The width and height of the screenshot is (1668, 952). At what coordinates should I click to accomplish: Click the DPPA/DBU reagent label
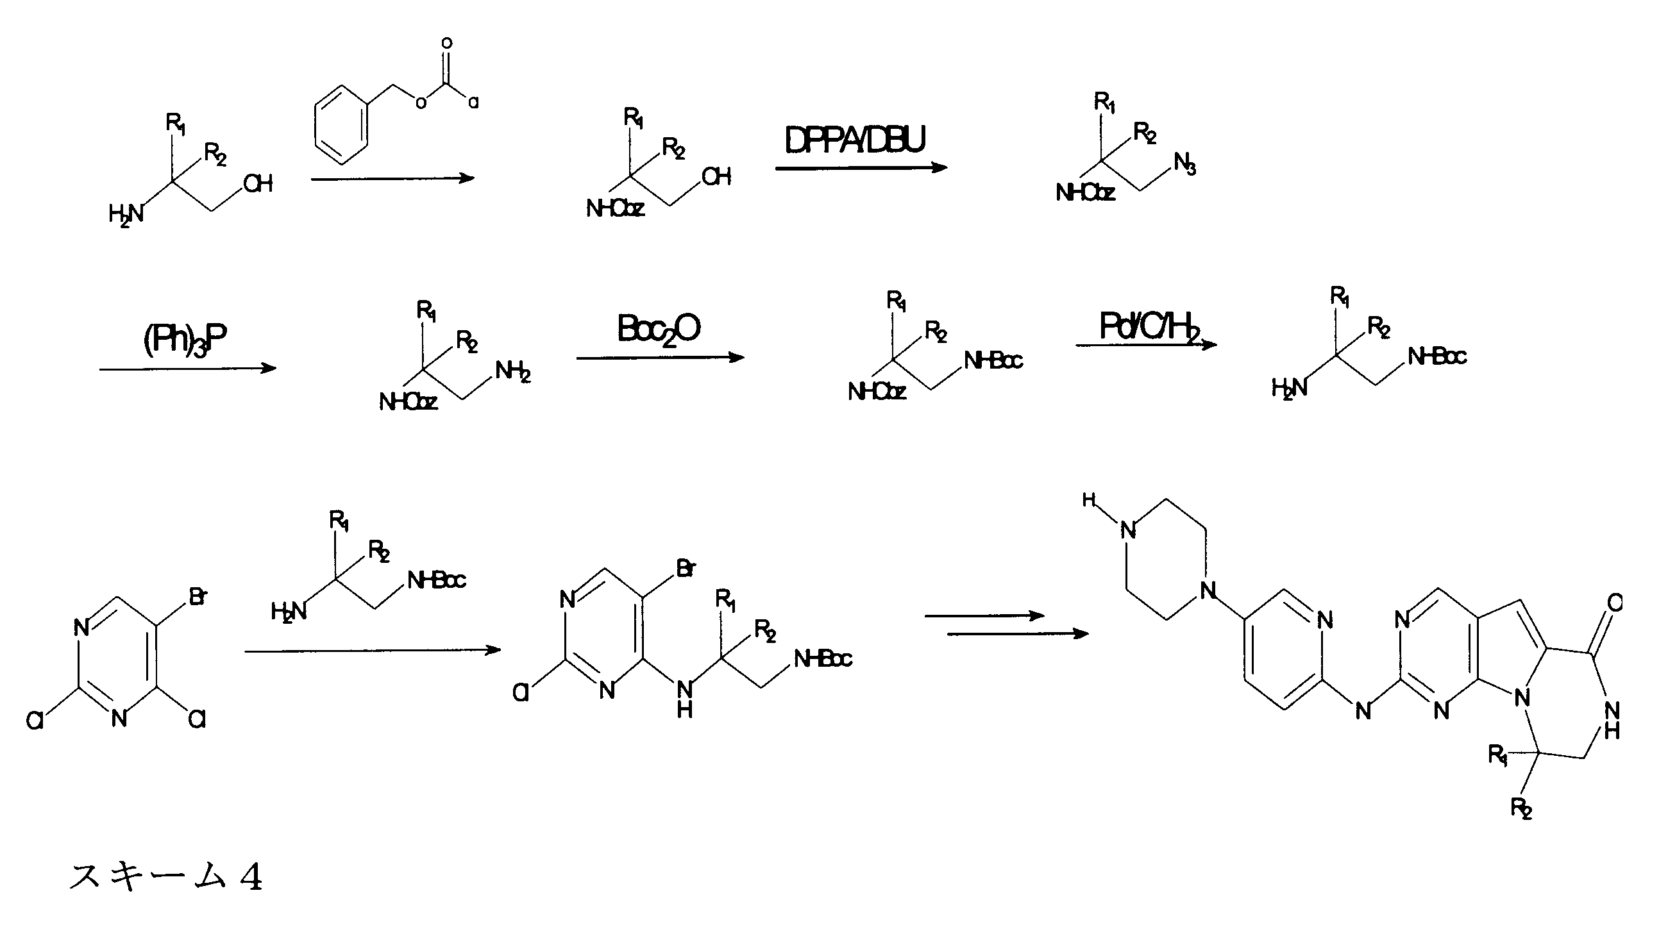855,140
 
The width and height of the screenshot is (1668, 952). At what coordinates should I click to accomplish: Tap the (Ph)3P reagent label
185,339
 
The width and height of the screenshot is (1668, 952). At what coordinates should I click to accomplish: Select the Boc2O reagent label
659,328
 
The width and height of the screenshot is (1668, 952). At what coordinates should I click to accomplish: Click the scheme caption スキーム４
166,876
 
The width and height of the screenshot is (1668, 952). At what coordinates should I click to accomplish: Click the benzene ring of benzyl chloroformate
341,126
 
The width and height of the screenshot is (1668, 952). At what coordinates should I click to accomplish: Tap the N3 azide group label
1185,163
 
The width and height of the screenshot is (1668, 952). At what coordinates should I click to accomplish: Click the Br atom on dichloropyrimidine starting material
198,596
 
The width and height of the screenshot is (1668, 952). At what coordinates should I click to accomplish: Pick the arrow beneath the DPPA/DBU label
861,168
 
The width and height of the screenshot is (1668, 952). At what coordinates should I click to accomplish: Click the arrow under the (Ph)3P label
188,369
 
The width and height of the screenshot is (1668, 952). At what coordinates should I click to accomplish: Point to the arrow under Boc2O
661,358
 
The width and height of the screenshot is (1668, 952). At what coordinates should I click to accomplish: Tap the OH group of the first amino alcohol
258,184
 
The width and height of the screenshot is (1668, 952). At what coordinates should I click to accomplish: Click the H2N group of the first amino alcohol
126,214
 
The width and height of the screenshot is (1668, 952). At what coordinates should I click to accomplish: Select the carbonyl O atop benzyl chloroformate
446,44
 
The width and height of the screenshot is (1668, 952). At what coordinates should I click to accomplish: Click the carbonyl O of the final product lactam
1613,603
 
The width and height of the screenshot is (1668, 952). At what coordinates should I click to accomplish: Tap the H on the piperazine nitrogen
1089,500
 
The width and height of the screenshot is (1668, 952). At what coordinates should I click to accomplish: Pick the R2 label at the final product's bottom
1522,808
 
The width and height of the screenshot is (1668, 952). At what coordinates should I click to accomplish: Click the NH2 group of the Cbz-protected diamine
513,372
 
